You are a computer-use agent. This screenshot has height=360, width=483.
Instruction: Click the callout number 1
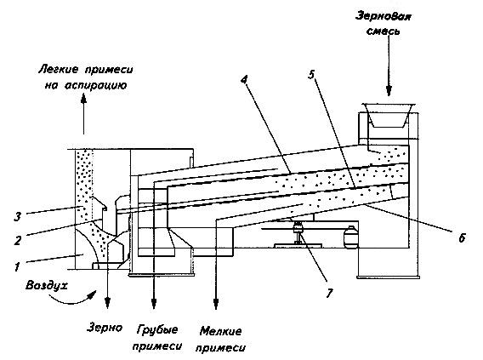click(17, 266)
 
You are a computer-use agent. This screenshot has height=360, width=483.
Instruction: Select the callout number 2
click(18, 240)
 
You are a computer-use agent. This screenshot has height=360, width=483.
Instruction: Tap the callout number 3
click(18, 217)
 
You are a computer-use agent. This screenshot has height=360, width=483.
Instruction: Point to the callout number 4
click(244, 79)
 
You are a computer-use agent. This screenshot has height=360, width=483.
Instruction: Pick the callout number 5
click(312, 74)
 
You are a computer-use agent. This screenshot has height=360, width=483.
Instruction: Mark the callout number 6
click(462, 237)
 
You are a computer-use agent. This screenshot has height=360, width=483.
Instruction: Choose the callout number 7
click(330, 293)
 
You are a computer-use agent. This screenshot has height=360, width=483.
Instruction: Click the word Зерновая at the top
click(384, 16)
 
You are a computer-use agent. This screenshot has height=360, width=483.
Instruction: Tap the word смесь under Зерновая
click(384, 31)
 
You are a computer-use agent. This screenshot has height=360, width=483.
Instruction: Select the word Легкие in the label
click(58, 70)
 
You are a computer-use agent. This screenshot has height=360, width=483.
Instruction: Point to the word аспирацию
click(96, 85)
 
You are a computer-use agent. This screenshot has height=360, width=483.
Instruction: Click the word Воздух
click(46, 285)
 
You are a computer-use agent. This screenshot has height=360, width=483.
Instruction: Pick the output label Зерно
click(105, 328)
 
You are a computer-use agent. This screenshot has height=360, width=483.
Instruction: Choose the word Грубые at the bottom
click(157, 329)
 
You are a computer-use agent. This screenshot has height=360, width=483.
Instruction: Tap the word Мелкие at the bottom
click(220, 331)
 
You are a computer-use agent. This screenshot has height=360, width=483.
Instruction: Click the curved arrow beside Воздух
click(72, 298)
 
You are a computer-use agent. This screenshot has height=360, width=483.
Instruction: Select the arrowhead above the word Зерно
click(107, 302)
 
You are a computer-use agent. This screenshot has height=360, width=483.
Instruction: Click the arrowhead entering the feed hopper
click(389, 90)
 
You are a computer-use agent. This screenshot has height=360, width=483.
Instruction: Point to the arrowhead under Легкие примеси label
click(83, 98)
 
